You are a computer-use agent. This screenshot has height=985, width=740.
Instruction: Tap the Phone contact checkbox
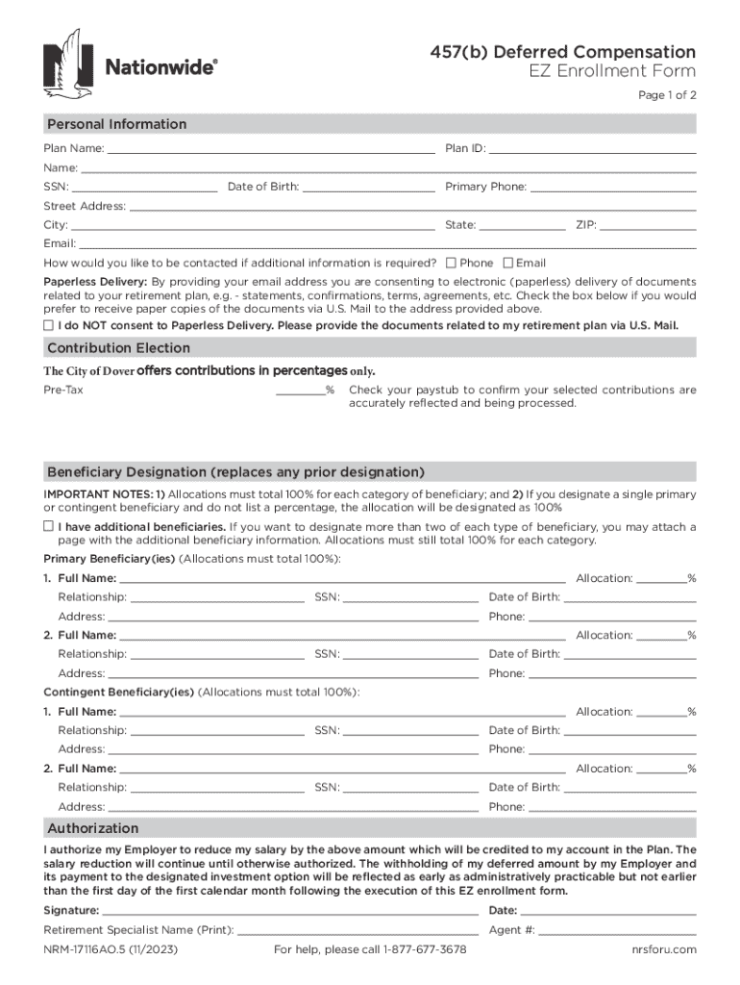[x=452, y=263]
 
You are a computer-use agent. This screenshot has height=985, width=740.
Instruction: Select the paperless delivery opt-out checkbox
[x=49, y=325]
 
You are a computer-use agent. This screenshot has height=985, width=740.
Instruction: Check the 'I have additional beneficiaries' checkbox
[x=49, y=526]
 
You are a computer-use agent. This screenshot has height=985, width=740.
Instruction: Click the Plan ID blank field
[x=592, y=148]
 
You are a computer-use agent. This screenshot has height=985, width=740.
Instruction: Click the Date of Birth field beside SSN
[x=368, y=187]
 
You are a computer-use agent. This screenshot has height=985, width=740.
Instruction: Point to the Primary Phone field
[x=612, y=187]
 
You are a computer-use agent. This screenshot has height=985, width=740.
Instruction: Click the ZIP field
[x=648, y=225]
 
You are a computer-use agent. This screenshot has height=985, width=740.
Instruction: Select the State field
[x=522, y=225]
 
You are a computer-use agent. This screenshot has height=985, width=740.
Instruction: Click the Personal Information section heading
[x=116, y=124]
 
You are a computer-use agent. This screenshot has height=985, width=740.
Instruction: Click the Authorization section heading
[x=93, y=828]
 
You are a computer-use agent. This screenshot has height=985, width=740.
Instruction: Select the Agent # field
[x=618, y=930]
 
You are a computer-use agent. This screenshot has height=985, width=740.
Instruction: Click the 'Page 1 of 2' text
[x=667, y=95]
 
